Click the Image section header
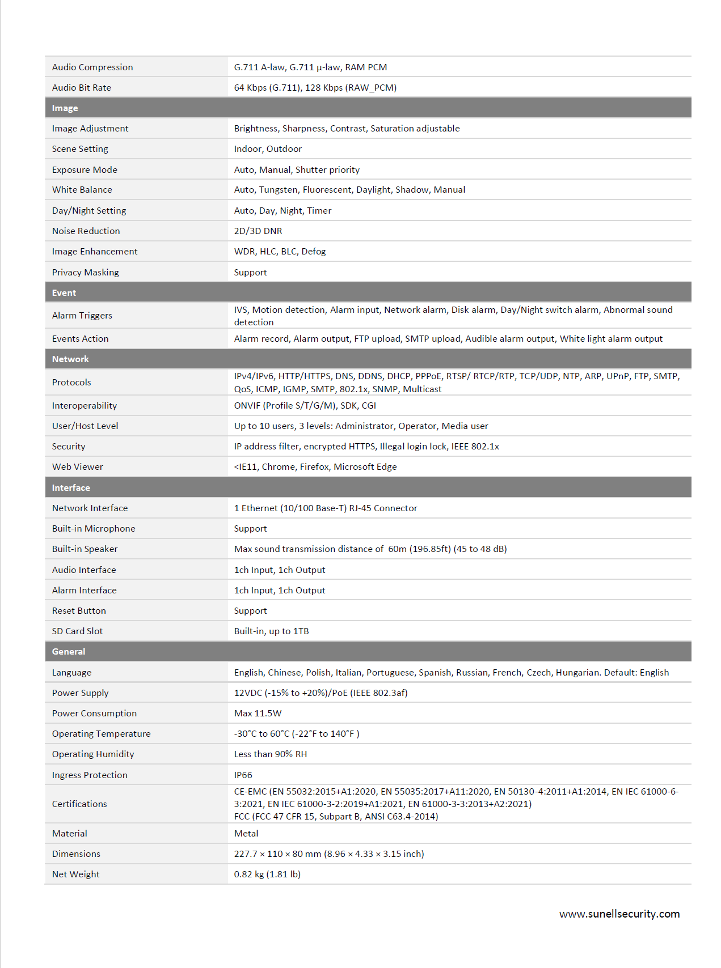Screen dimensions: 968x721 65,108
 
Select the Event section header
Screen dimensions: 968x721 64,292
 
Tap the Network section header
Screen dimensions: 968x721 70,359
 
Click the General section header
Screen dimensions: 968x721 69,651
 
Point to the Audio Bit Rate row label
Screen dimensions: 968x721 82,87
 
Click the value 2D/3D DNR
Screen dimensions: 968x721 258,231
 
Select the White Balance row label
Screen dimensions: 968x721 82,189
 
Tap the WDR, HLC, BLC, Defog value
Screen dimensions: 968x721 280,251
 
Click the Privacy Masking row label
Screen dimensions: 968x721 86,272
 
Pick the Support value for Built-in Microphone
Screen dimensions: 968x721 250,528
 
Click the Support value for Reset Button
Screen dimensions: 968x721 250,610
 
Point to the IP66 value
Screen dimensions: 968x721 243,775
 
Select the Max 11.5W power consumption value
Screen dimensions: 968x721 258,713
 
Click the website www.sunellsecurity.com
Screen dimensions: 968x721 619,914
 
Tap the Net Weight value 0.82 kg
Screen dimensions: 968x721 267,874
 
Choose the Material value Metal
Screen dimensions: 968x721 246,833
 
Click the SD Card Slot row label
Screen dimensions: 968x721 78,631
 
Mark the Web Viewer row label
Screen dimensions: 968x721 78,466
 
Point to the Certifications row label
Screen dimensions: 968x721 79,804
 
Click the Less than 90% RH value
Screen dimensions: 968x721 271,754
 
